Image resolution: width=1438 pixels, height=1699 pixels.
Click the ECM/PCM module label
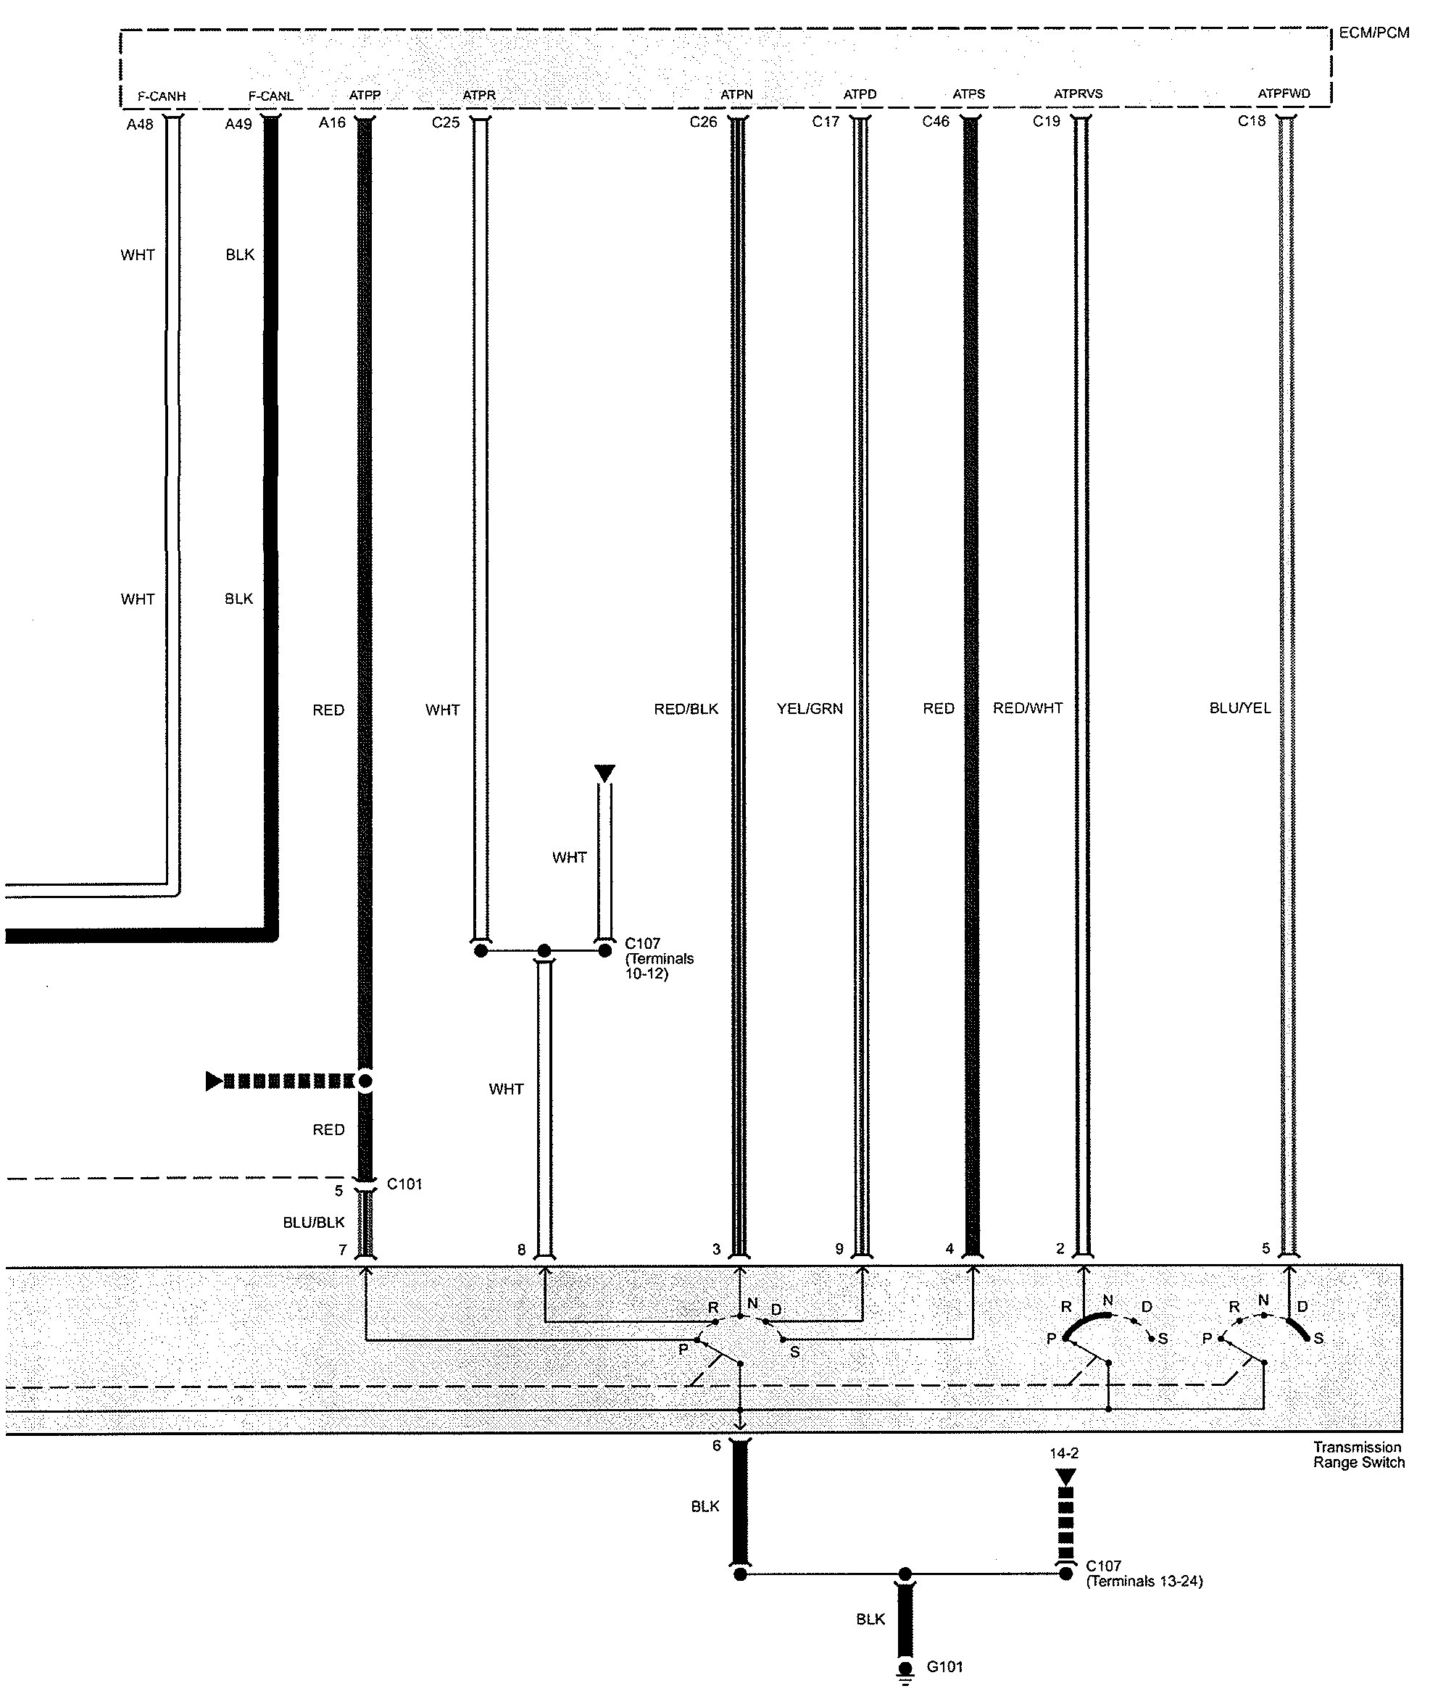[1373, 33]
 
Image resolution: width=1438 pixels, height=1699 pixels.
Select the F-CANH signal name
[162, 96]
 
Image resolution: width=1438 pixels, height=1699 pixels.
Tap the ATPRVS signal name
[1078, 94]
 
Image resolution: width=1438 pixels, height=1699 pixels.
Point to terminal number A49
[238, 124]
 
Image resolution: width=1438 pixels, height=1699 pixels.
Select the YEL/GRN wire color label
[810, 708]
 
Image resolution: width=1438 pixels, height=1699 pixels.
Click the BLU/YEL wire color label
[1240, 707]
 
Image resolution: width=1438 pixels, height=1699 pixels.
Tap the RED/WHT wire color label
[1027, 707]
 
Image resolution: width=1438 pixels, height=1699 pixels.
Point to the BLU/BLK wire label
[314, 1222]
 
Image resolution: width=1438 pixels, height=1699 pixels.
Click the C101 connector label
[404, 1184]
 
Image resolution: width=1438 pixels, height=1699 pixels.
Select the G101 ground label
[945, 1666]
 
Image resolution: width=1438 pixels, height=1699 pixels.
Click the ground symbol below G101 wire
[905, 1678]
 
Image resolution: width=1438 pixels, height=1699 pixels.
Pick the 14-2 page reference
[1065, 1453]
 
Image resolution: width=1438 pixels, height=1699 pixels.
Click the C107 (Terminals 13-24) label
[1144, 1573]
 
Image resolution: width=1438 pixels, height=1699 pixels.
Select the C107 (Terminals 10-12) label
[659, 958]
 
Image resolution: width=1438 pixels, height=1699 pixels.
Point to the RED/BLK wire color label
[686, 708]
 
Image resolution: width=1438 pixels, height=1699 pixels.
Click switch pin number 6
[717, 1445]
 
